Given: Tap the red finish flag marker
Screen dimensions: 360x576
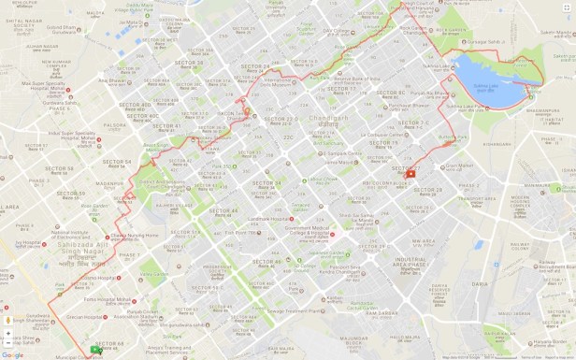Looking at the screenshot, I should tap(410, 174).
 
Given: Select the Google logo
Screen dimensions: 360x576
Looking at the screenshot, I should tap(12, 354).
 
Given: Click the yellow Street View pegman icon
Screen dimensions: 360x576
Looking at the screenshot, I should tap(8, 320).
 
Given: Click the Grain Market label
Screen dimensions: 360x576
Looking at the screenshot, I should tap(459, 166).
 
